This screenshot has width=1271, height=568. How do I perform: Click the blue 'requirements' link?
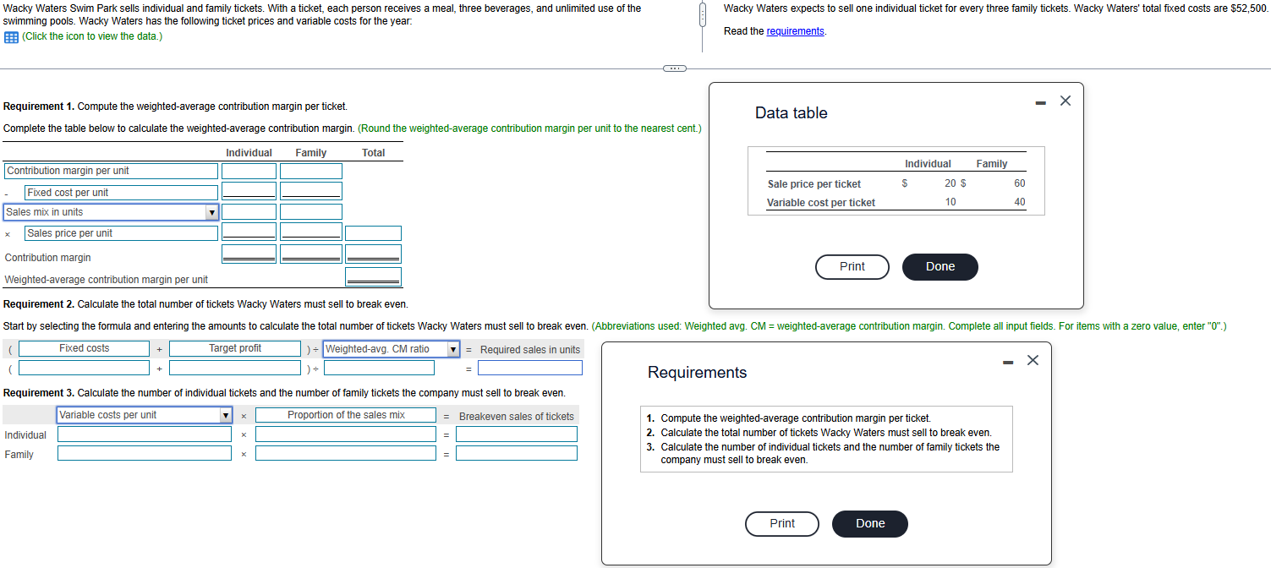click(795, 31)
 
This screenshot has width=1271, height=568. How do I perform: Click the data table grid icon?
click(11, 37)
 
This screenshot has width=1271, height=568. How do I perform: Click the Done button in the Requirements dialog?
click(870, 524)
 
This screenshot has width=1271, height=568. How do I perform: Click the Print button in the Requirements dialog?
click(782, 524)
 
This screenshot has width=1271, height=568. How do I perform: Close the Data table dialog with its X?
click(1066, 101)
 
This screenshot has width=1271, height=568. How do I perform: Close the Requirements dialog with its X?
click(1033, 361)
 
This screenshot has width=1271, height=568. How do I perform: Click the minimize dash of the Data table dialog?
click(1041, 103)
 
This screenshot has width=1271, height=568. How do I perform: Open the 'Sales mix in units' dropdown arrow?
click(211, 212)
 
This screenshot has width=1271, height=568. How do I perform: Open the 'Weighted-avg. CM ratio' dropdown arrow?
click(452, 350)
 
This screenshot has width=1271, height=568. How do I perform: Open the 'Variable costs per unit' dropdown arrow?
click(226, 416)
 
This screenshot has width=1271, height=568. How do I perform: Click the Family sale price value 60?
click(1020, 183)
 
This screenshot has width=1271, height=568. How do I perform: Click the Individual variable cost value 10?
click(951, 202)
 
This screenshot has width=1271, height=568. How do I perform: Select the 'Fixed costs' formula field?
click(84, 348)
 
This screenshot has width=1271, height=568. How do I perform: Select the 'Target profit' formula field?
click(235, 348)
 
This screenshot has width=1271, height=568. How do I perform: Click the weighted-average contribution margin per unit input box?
click(374, 276)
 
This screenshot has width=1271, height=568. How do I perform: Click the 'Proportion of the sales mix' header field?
click(346, 415)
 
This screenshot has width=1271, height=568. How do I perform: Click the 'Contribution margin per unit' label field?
click(112, 171)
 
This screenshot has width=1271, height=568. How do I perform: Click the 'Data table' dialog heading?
click(791, 112)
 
